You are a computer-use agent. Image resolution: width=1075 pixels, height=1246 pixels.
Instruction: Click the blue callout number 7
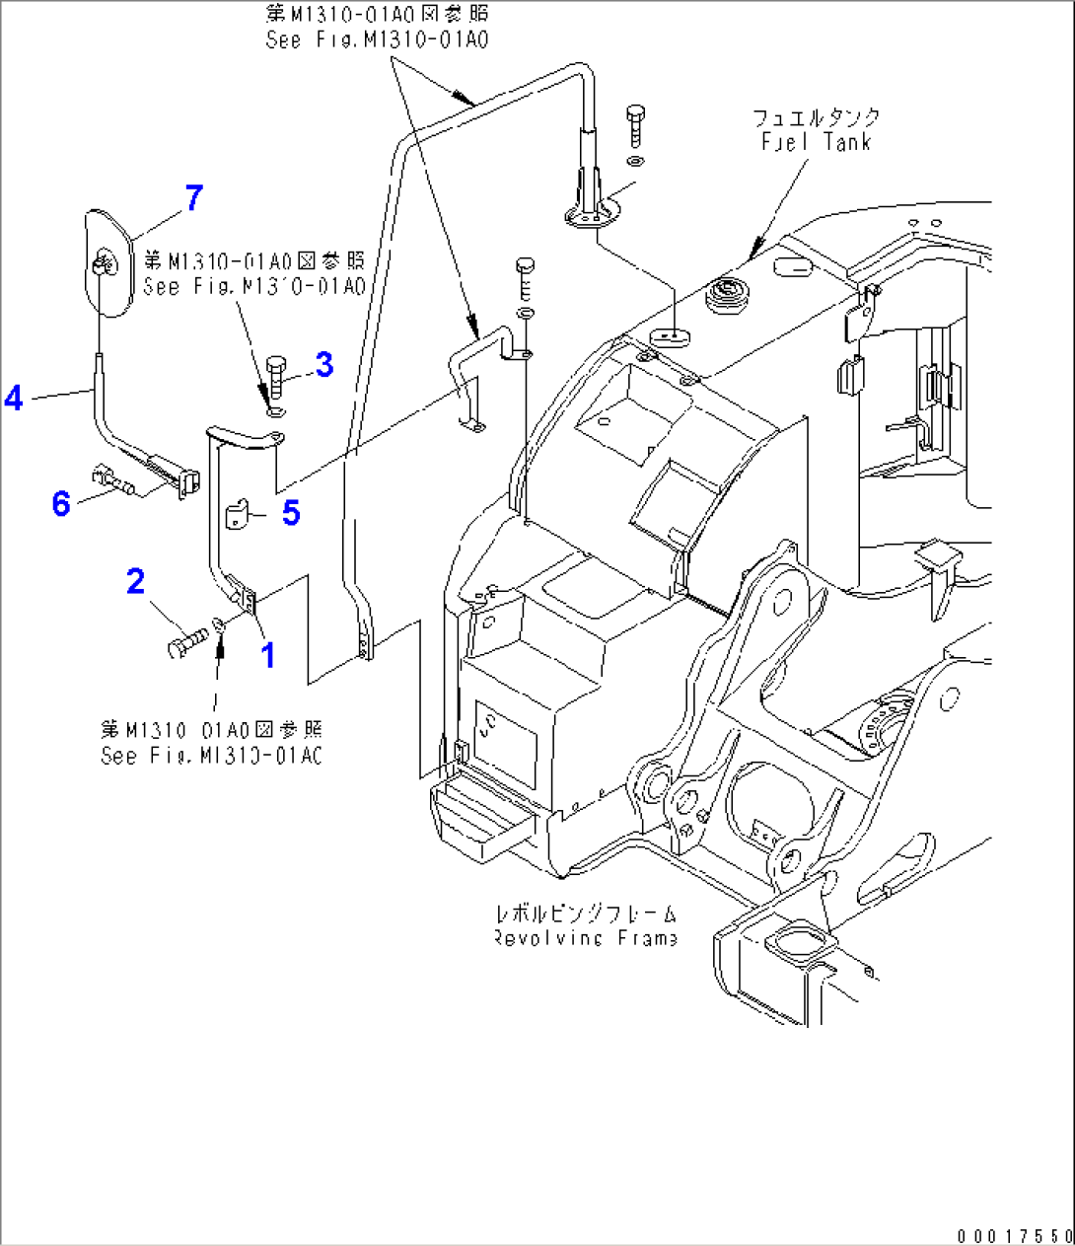(x=194, y=197)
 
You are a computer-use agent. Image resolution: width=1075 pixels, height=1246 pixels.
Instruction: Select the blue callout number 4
(x=14, y=398)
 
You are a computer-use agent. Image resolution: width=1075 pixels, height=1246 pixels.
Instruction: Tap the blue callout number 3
(x=324, y=364)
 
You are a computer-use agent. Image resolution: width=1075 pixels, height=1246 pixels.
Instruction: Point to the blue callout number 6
(x=61, y=504)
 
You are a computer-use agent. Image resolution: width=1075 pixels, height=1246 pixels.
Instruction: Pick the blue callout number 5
(x=291, y=513)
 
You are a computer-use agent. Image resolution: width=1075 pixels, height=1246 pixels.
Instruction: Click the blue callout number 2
(x=136, y=582)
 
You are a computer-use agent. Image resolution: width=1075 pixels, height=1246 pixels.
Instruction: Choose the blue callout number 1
(x=267, y=654)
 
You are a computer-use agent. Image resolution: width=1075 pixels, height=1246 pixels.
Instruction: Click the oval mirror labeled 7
(x=106, y=261)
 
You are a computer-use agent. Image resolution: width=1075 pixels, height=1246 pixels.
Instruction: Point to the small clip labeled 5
(x=240, y=516)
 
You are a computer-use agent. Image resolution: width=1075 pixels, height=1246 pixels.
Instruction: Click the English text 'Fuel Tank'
(x=816, y=142)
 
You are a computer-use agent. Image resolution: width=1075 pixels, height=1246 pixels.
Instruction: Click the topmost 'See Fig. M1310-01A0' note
(x=377, y=39)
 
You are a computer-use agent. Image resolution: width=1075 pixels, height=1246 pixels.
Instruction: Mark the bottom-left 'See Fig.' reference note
(x=211, y=756)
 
